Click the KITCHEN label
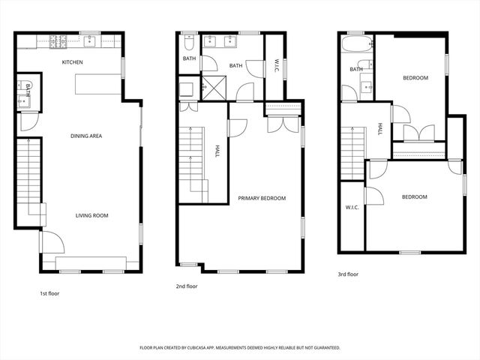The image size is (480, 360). pyautogui.click(x=72, y=62)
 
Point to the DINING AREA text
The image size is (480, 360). pyautogui.click(x=86, y=136)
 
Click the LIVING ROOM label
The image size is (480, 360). pyautogui.click(x=91, y=215)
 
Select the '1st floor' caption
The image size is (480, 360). pyautogui.click(x=49, y=293)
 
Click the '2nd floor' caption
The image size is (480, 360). pyautogui.click(x=187, y=286)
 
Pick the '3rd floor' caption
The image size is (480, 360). pyautogui.click(x=348, y=274)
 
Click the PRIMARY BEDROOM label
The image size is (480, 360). pyautogui.click(x=262, y=198)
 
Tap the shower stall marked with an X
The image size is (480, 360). pyautogui.click(x=214, y=90)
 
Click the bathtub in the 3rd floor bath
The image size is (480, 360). pyautogui.click(x=355, y=48)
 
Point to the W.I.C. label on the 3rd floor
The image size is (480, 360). pyautogui.click(x=352, y=207)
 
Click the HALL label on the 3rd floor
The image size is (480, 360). pyautogui.click(x=380, y=129)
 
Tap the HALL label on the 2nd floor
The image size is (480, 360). pyautogui.click(x=217, y=151)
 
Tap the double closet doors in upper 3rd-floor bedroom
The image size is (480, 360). pyautogui.click(x=418, y=133)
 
